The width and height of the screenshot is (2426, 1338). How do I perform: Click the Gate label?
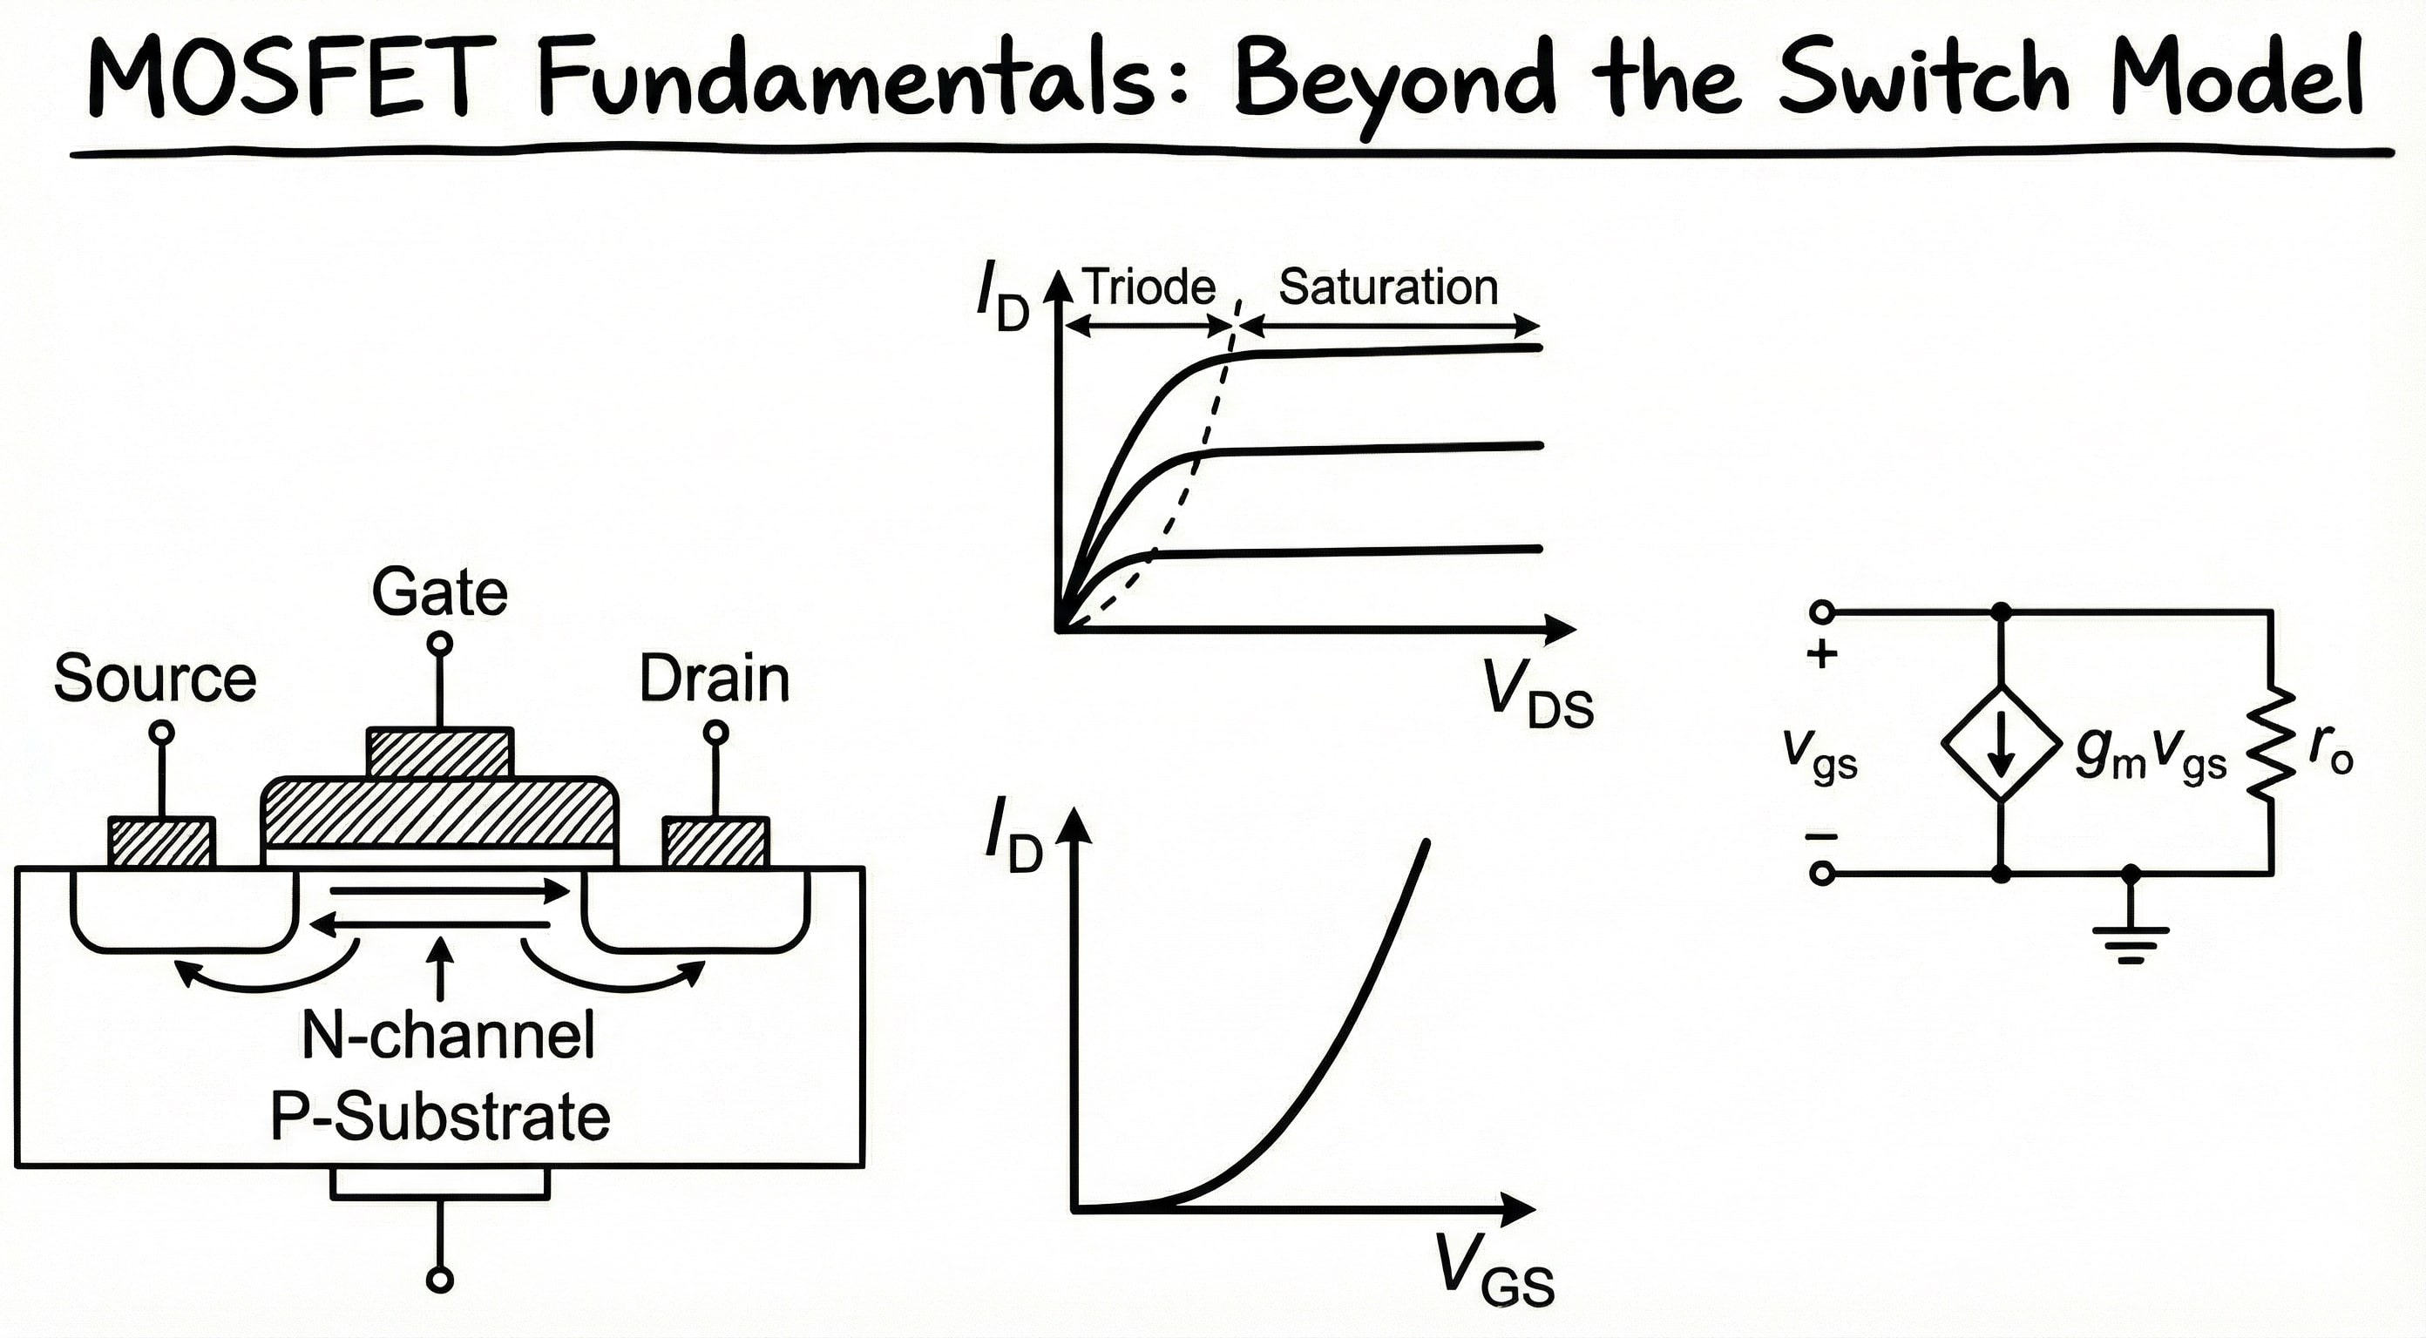[x=440, y=592]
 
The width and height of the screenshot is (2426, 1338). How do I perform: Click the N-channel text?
[x=448, y=1036]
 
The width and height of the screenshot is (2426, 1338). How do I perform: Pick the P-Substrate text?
[x=440, y=1118]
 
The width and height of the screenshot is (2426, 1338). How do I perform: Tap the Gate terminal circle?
[x=440, y=644]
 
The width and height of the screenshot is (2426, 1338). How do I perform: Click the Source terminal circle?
[x=162, y=732]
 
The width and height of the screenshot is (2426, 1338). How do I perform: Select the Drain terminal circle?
[x=715, y=732]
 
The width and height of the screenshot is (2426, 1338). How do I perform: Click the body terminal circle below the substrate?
[x=440, y=1280]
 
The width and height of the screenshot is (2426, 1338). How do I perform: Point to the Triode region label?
[x=1149, y=287]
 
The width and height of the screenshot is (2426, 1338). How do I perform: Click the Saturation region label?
[x=1388, y=287]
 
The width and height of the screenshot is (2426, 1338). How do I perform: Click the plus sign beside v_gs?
[x=1822, y=654]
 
